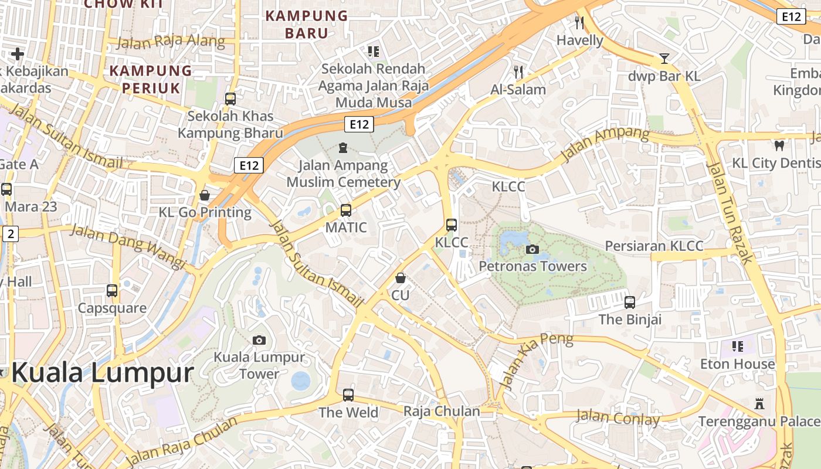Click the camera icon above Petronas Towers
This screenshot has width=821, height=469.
pyautogui.click(x=532, y=249)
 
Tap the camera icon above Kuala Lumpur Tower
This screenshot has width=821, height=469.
pyautogui.click(x=259, y=340)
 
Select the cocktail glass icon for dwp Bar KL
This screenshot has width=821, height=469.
pyautogui.click(x=664, y=59)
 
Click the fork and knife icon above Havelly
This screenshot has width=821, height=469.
pyautogui.click(x=579, y=23)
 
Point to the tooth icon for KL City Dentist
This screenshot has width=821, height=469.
pyautogui.click(x=779, y=145)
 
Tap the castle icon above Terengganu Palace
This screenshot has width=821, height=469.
pyautogui.click(x=759, y=403)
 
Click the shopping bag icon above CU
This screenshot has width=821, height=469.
pyautogui.click(x=400, y=278)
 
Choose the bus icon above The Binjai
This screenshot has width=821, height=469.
pyautogui.click(x=630, y=302)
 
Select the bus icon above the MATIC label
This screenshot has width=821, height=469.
pyautogui.click(x=346, y=210)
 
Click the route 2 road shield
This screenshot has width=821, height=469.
pyautogui.click(x=10, y=234)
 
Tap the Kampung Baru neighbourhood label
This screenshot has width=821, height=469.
pyautogui.click(x=307, y=24)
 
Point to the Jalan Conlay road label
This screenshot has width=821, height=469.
pyautogui.click(x=618, y=418)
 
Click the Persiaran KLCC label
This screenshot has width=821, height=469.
pyautogui.click(x=654, y=246)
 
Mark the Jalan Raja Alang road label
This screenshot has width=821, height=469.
pyautogui.click(x=171, y=42)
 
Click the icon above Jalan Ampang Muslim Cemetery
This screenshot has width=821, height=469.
pyautogui.click(x=343, y=147)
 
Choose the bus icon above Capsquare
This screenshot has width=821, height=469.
pyautogui.click(x=112, y=290)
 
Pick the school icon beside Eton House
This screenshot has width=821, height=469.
pyautogui.click(x=737, y=346)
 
